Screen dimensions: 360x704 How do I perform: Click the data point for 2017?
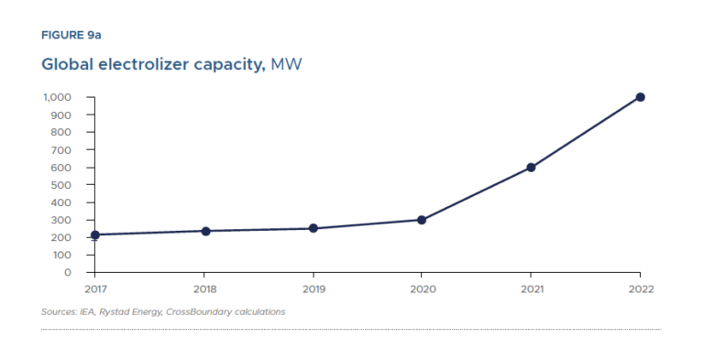(94, 235)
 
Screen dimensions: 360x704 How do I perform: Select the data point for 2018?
(205, 231)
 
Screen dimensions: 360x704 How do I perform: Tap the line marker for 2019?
(313, 228)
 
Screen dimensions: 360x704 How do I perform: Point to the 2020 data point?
(422, 220)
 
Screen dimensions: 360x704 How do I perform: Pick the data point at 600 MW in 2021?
(531, 168)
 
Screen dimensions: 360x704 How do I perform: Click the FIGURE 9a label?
(71, 36)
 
